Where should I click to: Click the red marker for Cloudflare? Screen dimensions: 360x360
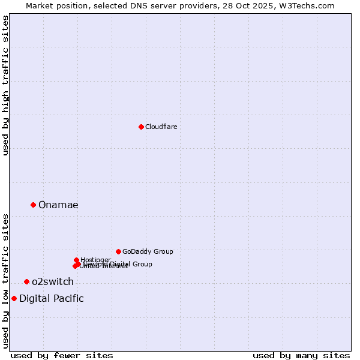(141, 127)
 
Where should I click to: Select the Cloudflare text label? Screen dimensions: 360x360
(161, 127)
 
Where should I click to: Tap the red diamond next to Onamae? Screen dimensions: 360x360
(33, 205)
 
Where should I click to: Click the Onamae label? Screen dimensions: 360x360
(58, 205)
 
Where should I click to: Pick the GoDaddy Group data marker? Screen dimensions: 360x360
(118, 251)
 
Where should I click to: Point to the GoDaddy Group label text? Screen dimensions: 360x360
(148, 251)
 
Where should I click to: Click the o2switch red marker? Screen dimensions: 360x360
(26, 281)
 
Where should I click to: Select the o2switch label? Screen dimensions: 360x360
(53, 282)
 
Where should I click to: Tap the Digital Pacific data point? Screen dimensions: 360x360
(14, 298)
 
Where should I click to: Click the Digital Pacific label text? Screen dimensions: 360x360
(52, 299)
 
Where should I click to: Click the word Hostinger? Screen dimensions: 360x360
(95, 260)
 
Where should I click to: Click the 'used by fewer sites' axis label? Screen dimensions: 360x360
(62, 355)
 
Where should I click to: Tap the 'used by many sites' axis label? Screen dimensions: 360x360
(301, 355)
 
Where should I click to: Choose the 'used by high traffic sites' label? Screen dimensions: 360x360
(5, 85)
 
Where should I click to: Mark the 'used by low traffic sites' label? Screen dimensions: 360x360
(5, 281)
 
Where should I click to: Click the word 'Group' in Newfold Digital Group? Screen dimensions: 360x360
(142, 264)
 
